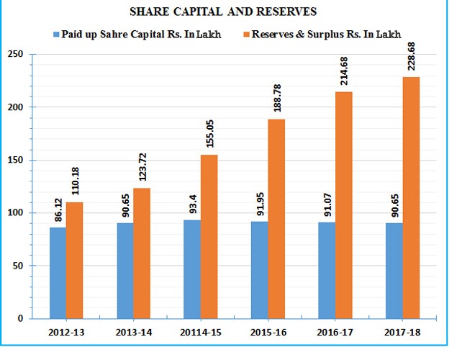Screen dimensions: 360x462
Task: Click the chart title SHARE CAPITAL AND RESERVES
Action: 230,12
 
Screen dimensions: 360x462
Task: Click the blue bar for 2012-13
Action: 58,273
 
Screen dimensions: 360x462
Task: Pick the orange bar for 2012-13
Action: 76,260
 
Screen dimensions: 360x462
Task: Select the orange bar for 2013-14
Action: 142,253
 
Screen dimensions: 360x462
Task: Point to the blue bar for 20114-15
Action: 192,269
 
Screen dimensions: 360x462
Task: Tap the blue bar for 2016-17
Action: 327,270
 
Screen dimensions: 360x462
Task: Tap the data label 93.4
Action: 192,204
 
